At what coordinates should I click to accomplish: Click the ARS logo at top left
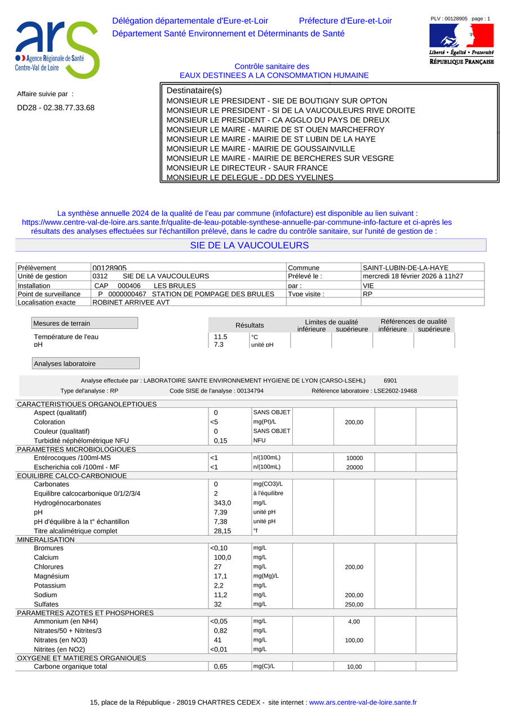point(56,50)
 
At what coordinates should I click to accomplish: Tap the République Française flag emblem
point(461,35)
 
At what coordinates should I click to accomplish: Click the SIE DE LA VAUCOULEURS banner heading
point(250,246)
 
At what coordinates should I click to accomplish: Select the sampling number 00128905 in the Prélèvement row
point(109,269)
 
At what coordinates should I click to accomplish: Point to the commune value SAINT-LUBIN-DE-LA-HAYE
point(406,268)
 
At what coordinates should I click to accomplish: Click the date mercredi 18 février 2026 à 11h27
point(413,276)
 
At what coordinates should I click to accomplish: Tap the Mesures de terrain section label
point(84,323)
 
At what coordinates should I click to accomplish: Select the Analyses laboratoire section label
point(85,364)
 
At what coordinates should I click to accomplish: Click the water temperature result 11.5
point(221,337)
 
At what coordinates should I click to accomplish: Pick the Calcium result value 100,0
point(223,558)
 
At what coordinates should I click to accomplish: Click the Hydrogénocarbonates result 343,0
point(223,503)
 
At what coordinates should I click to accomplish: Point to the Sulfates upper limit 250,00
point(354,605)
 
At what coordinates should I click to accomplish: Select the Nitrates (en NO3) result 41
point(219,640)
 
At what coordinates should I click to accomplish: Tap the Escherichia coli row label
point(77,467)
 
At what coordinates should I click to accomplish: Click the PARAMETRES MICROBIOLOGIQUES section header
point(77,449)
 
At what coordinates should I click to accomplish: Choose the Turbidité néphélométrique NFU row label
point(82,441)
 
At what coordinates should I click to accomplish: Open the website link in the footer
point(363,702)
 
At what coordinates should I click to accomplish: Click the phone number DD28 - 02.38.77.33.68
point(56,108)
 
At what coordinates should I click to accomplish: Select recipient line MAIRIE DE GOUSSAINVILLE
point(261,149)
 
